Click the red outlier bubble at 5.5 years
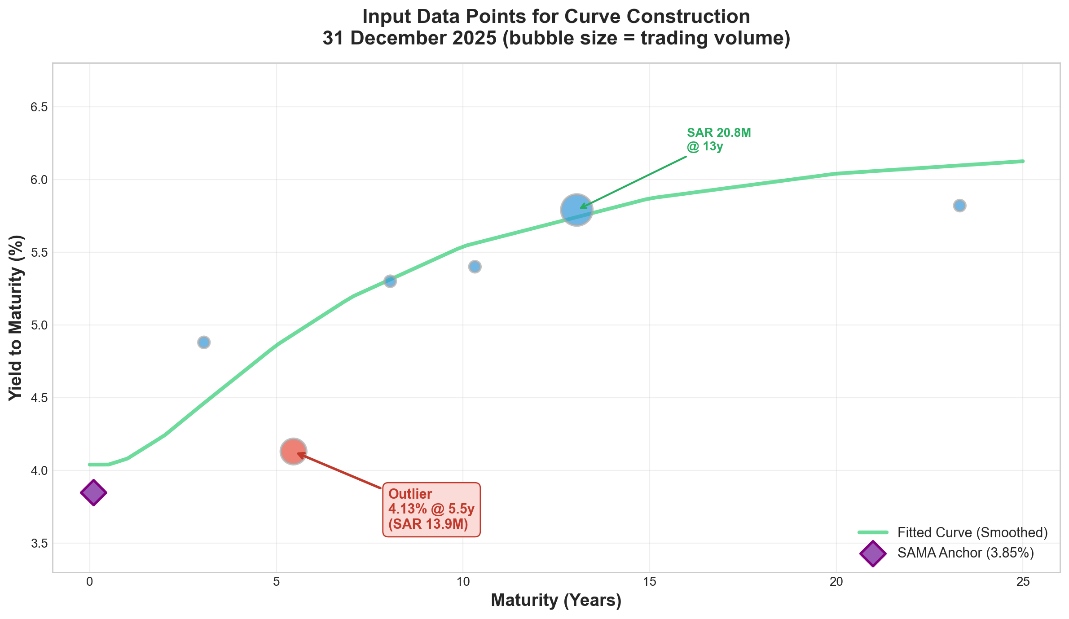coord(293,451)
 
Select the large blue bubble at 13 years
coord(576,210)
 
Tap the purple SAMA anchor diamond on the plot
coord(93,492)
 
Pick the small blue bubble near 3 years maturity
coord(204,342)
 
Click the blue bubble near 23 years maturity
coord(959,206)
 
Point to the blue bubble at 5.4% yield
coord(475,267)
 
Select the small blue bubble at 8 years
coord(390,281)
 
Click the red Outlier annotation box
coord(431,509)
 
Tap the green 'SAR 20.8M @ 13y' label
coord(718,140)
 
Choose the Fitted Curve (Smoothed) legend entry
coord(972,532)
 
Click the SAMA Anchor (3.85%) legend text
coord(965,553)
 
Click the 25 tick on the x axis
coord(1023,582)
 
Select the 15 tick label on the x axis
coord(649,582)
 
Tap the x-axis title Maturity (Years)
coord(556,601)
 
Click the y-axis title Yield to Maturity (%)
coord(16,317)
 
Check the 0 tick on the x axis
coord(90,582)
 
